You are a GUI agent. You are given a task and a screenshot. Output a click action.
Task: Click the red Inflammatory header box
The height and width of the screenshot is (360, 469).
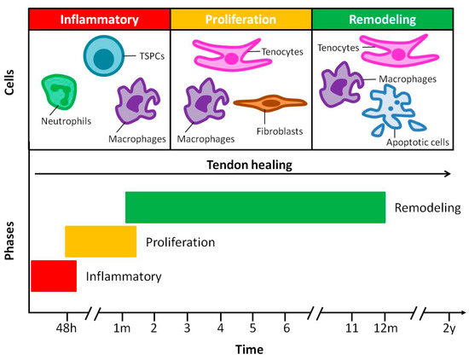coord(100,19)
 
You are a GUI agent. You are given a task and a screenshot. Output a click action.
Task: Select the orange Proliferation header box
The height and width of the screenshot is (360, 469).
coord(241,19)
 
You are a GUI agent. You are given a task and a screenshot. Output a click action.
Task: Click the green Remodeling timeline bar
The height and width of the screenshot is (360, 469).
coord(255,207)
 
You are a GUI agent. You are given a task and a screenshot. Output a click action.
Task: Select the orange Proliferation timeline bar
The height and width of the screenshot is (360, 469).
coord(101,241)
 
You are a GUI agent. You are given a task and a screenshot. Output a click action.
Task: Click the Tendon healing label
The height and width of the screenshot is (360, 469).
coord(240,165)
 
